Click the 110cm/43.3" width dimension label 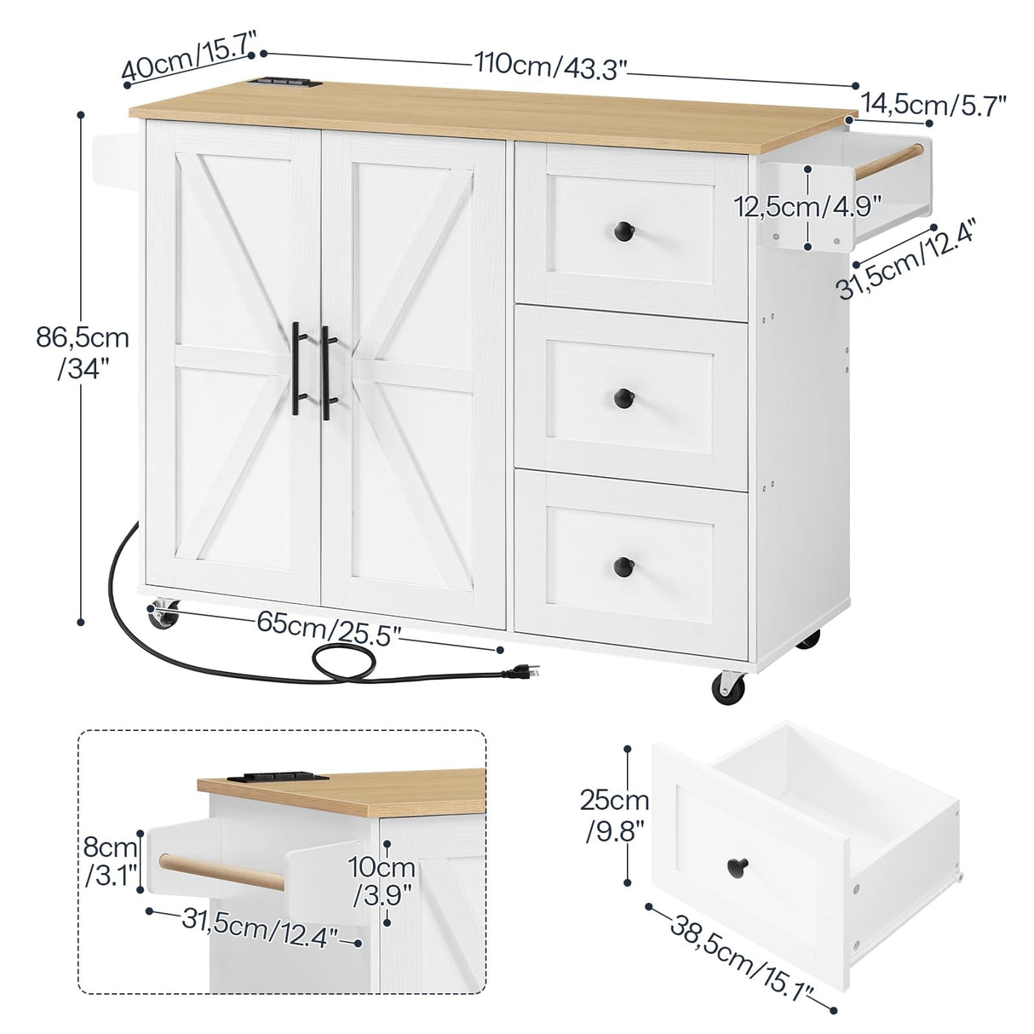click(x=551, y=65)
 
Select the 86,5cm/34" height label click(x=83, y=353)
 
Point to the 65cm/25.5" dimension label click(x=328, y=628)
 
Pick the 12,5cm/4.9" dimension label click(x=808, y=205)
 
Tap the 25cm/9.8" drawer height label click(x=614, y=813)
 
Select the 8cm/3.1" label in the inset click(x=111, y=862)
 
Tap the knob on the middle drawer click(x=624, y=397)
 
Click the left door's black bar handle click(x=297, y=368)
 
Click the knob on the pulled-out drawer click(x=736, y=868)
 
